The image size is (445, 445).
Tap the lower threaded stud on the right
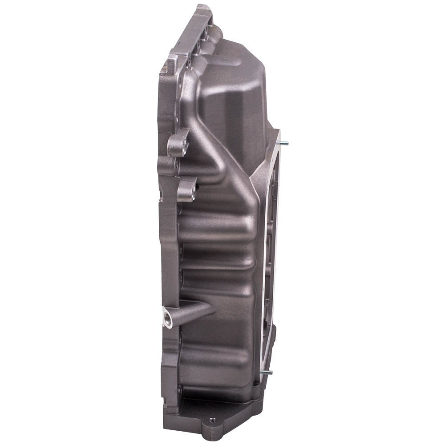tap(267, 372)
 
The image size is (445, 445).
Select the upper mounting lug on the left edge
tap(178, 143)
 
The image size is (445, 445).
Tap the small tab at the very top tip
tap(202, 8)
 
